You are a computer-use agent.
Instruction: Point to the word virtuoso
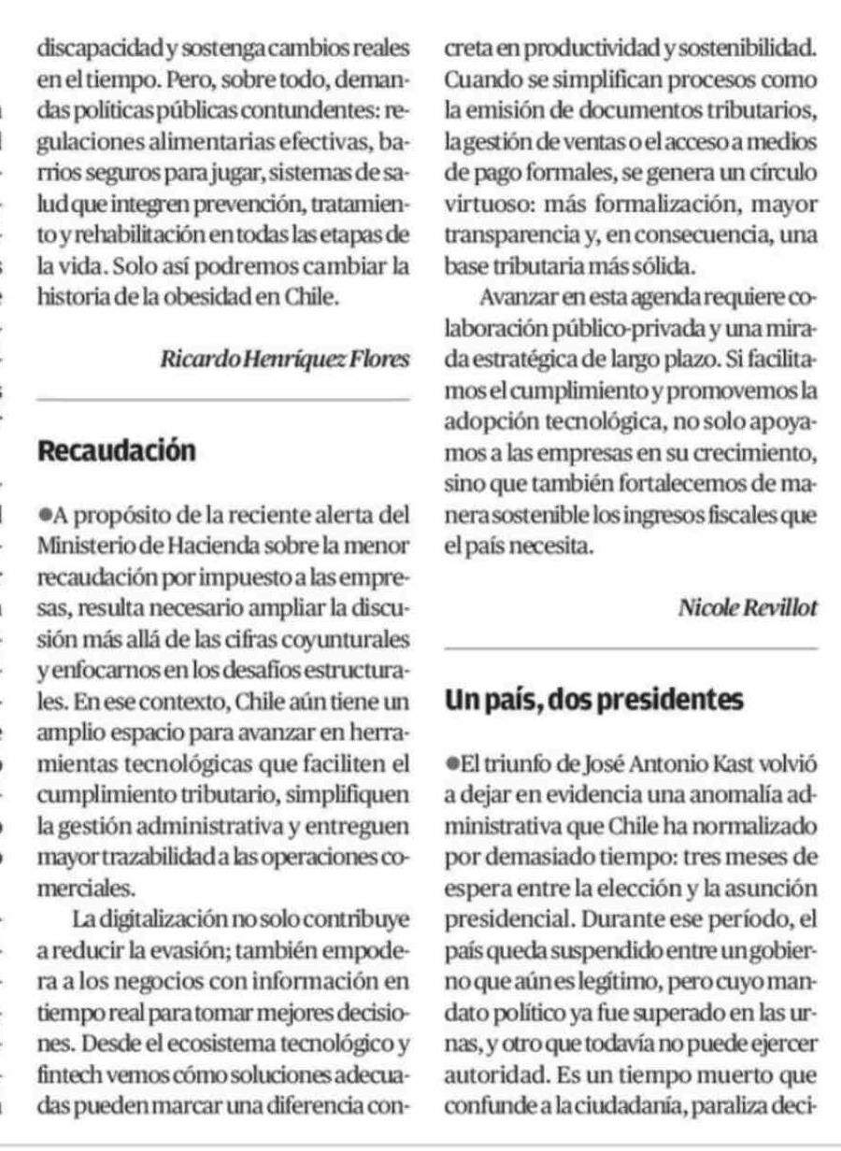point(482,197)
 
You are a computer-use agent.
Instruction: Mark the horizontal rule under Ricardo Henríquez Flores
point(221,399)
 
